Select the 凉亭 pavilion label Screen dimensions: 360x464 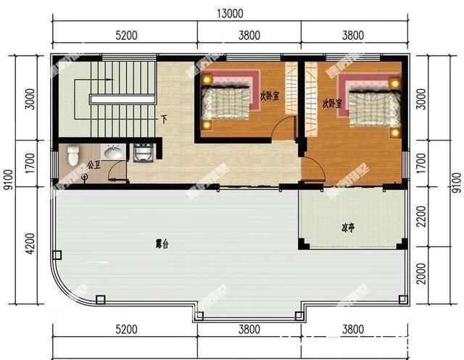[349, 227]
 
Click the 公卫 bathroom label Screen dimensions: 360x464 [93, 165]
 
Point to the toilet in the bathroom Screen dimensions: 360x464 [72, 155]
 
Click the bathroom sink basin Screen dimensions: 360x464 [112, 152]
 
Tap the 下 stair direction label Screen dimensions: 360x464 [165, 119]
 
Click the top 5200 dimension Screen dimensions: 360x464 [126, 33]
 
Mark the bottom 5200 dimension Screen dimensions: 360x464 [125, 330]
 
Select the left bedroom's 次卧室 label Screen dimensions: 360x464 [270, 94]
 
